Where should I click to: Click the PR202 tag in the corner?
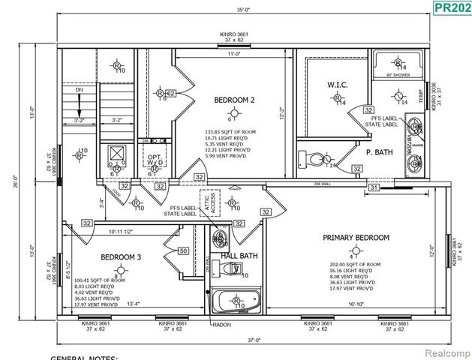[452, 8]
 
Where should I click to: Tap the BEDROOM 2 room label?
[234, 100]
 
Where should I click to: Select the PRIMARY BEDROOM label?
[356, 238]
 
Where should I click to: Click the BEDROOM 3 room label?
[121, 257]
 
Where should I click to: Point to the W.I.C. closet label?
[337, 85]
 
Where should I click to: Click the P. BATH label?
[380, 151]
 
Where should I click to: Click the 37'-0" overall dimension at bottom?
[256, 340]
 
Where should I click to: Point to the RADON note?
[221, 324]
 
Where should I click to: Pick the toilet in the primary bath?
[314, 158]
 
